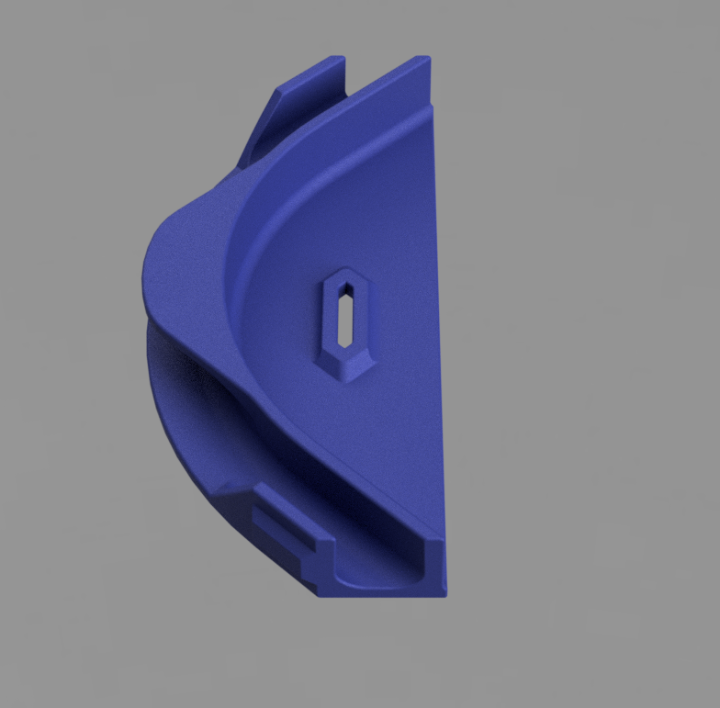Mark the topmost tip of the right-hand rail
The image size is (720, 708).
[424, 60]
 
